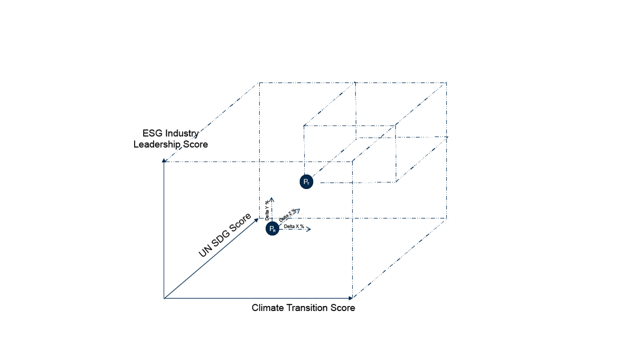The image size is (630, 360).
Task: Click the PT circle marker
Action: tap(306, 182)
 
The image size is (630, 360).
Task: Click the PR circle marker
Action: tap(272, 229)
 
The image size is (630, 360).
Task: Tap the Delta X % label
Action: tap(294, 226)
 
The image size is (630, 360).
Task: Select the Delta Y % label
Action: tap(267, 210)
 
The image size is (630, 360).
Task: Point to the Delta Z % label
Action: tap(288, 216)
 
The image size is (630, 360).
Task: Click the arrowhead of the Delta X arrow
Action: tap(309, 229)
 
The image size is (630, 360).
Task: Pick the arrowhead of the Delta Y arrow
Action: tap(272, 200)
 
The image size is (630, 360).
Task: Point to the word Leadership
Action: tap(157, 144)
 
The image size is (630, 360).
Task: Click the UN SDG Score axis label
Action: tap(225, 235)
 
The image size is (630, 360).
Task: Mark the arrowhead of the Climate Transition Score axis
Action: tap(351, 298)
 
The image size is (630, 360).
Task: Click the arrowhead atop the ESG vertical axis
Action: tap(164, 161)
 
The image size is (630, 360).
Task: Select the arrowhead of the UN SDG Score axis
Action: tap(256, 220)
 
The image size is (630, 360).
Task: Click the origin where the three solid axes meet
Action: tap(164, 298)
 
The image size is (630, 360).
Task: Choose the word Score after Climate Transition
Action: tap(342, 308)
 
